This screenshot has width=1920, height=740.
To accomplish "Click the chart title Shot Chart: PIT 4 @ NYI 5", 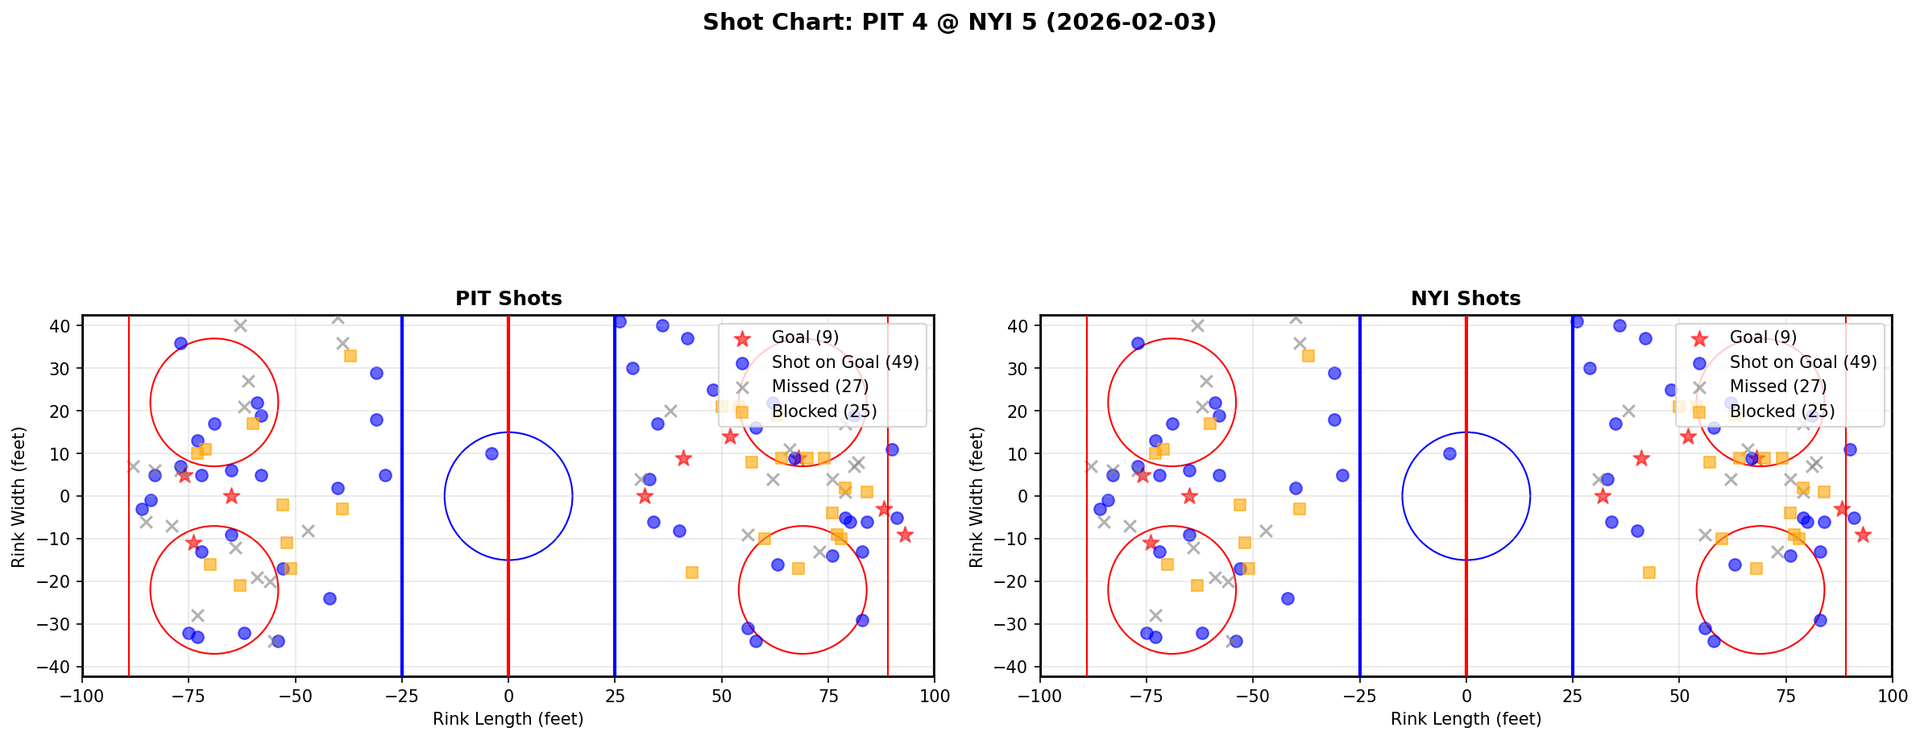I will [959, 22].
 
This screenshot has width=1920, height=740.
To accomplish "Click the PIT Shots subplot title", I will [508, 299].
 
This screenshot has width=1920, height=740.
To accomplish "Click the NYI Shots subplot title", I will [1466, 299].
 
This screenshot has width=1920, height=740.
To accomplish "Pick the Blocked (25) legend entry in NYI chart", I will [1782, 411].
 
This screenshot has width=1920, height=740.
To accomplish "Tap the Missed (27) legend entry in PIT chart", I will [819, 387].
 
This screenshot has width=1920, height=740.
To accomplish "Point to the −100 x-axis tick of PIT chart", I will [82, 696].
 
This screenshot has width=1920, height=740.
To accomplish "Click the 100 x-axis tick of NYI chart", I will [1892, 696].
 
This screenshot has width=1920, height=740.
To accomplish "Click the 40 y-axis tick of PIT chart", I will [62, 326].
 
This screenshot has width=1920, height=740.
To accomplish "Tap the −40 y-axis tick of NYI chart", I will [1015, 667].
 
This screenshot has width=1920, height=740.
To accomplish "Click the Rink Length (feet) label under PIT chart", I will [508, 719].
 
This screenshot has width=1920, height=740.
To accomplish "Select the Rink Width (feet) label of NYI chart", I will [977, 496].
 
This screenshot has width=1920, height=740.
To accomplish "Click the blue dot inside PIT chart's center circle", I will [491, 453].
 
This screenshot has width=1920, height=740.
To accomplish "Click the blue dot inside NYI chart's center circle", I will [1449, 453].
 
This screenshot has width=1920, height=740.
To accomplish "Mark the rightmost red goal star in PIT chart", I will [905, 535].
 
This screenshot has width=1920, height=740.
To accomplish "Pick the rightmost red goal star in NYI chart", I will [1863, 535].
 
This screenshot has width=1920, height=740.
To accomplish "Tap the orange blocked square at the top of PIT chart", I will [350, 355].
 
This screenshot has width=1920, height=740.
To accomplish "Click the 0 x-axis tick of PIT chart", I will [508, 696].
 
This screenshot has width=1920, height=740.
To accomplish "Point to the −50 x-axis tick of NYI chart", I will [1253, 696].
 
